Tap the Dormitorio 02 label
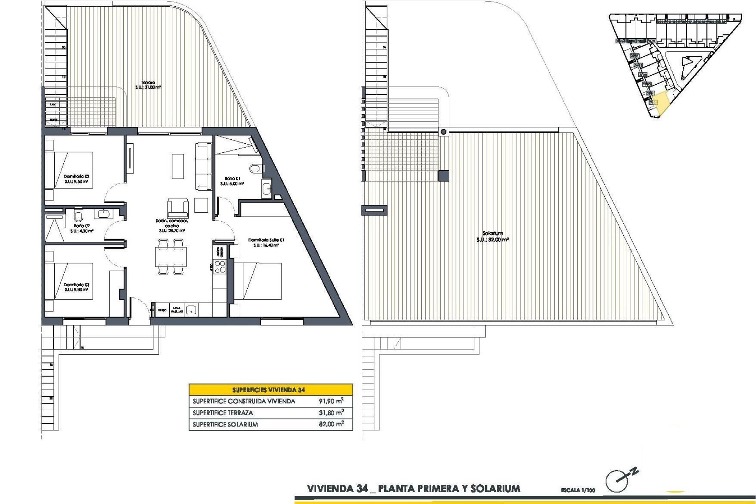coord(76,177)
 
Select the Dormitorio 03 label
coord(76,285)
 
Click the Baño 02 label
coord(82,226)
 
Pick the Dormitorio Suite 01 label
coord(266,240)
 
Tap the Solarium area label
coord(493,233)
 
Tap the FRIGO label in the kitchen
coord(162,310)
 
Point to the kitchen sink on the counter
coord(191,310)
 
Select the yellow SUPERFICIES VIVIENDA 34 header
coord(271,390)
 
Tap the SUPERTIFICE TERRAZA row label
coord(223,413)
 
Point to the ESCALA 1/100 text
coord(578,490)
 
